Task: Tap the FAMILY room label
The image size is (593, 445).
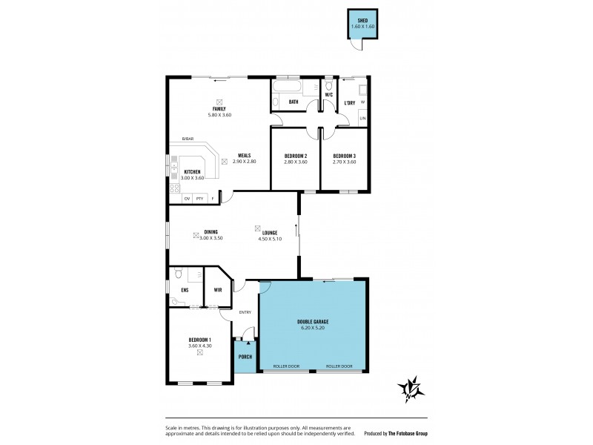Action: point(219,109)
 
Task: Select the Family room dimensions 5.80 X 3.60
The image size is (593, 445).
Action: point(219,115)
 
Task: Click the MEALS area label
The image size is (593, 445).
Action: point(244,156)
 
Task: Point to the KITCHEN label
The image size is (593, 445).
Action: point(192,172)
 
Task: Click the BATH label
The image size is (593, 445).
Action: point(294,102)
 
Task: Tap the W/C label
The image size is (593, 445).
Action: point(328,95)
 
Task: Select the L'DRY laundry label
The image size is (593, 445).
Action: point(350,102)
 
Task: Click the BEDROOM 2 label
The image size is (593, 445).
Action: point(296,156)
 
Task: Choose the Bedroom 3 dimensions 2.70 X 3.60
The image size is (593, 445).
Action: point(344,162)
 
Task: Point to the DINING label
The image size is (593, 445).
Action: point(211,232)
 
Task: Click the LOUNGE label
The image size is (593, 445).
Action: point(270,233)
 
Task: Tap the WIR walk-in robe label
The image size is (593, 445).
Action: point(219,289)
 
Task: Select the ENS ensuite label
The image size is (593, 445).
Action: point(185,289)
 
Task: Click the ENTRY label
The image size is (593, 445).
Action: point(245,312)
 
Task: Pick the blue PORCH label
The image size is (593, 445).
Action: point(245,357)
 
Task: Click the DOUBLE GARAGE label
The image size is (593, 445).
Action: point(313,321)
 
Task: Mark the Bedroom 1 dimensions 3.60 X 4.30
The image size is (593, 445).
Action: point(200,346)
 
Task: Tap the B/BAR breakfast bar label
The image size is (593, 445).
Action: point(188,139)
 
